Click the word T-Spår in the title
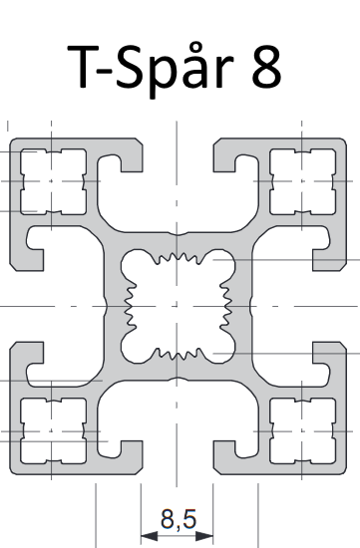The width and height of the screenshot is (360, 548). pyautogui.click(x=151, y=69)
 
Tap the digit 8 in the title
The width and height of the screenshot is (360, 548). pyautogui.click(x=266, y=67)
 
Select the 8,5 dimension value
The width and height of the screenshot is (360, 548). pyautogui.click(x=179, y=519)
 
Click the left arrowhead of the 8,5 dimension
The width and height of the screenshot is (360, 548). pyautogui.click(x=149, y=535)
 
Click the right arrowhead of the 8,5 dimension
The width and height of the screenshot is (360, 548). pyautogui.click(x=204, y=535)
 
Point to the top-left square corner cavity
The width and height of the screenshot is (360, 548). pyautogui.click(x=53, y=181)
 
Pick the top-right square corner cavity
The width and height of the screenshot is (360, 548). pyautogui.click(x=302, y=181)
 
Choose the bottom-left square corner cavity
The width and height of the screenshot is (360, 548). pyautogui.click(x=53, y=431)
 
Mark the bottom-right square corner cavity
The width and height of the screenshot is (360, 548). pyautogui.click(x=302, y=431)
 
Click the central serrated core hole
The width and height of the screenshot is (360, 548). pyautogui.click(x=178, y=306)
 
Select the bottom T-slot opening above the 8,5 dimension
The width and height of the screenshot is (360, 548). pyautogui.click(x=178, y=457)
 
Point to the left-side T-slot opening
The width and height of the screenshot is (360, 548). pyautogui.click(x=27, y=306)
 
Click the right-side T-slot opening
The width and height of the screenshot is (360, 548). pyautogui.click(x=329, y=306)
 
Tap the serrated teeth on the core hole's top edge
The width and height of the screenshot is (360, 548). pyautogui.click(x=179, y=258)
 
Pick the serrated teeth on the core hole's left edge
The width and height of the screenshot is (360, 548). pyautogui.click(x=131, y=306)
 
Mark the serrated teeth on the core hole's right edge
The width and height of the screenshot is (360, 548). pyautogui.click(x=225, y=306)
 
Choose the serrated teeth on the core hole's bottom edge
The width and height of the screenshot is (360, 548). pyautogui.click(x=179, y=354)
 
